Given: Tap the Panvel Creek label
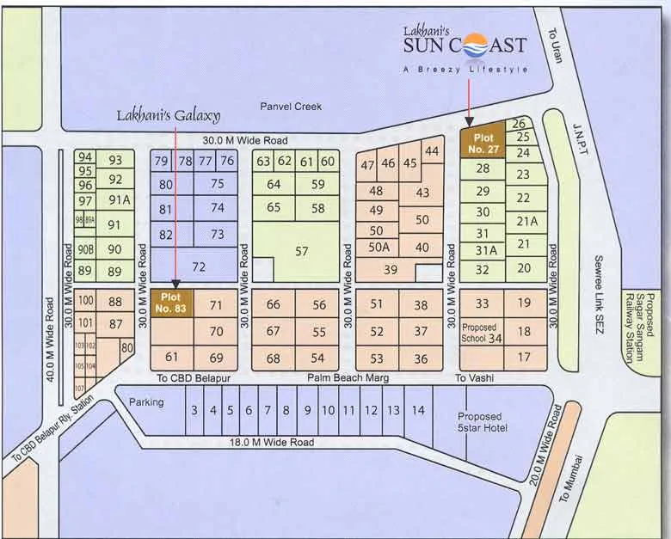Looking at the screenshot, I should pyautogui.click(x=291, y=107).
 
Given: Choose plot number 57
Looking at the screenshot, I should pyautogui.click(x=301, y=251).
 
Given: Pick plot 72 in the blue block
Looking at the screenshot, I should pyautogui.click(x=199, y=267).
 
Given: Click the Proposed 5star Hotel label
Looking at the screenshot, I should pyautogui.click(x=483, y=422).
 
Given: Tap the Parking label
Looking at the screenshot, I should pyautogui.click(x=146, y=401).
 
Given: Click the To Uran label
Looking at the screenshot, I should pyautogui.click(x=553, y=40).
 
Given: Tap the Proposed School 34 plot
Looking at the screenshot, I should pyautogui.click(x=483, y=334).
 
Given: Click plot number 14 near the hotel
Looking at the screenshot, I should pyautogui.click(x=417, y=410).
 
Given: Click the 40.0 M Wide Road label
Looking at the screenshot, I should pyautogui.click(x=50, y=340).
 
